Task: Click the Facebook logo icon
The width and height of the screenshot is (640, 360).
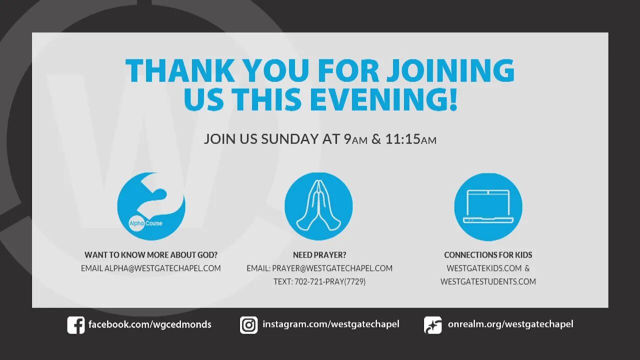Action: click(x=76, y=325)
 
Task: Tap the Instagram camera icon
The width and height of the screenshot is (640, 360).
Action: click(x=248, y=325)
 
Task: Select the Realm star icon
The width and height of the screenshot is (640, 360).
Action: click(x=432, y=325)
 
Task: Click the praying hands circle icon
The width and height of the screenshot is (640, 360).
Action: click(x=318, y=206)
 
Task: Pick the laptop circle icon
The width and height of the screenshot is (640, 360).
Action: click(x=488, y=206)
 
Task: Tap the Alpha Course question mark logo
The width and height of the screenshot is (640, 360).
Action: click(x=151, y=206)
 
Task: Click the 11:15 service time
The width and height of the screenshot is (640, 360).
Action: click(x=402, y=139)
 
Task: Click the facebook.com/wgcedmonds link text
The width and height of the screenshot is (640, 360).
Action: click(x=149, y=324)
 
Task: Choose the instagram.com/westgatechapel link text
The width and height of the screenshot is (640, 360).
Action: click(x=330, y=324)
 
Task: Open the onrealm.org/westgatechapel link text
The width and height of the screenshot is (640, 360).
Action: click(x=510, y=324)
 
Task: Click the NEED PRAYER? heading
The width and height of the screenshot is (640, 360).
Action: click(x=319, y=255)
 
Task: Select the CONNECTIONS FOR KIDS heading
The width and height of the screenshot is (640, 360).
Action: click(x=488, y=255)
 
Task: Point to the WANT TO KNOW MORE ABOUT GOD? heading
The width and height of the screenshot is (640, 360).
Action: click(x=151, y=255)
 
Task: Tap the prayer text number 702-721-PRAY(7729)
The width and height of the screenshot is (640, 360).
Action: click(x=319, y=282)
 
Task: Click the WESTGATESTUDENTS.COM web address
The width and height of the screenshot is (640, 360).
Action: click(x=488, y=282)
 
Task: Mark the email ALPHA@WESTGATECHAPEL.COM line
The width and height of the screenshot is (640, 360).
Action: click(x=151, y=268)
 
